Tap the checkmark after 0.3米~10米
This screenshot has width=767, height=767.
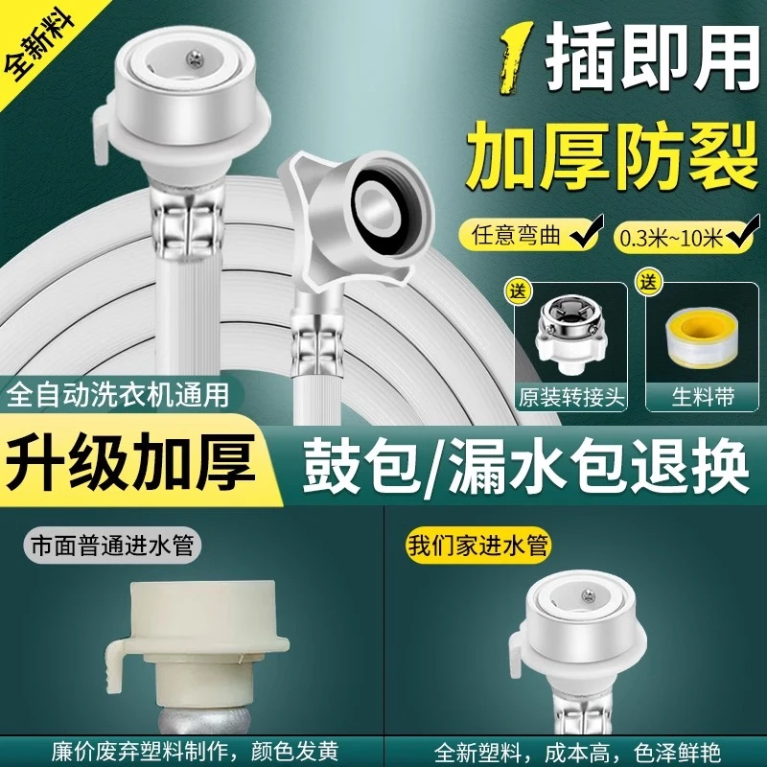(740, 230)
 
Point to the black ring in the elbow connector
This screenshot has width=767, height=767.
(377, 204)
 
